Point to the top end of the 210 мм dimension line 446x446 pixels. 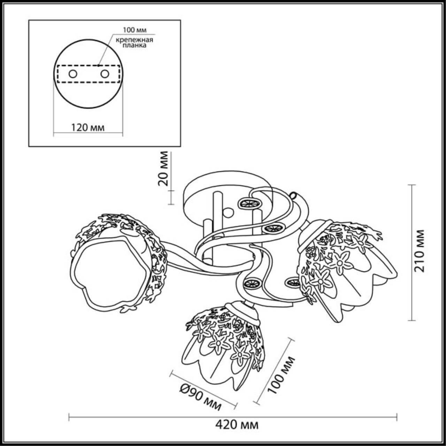(411, 185)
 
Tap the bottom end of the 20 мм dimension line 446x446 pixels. (171, 204)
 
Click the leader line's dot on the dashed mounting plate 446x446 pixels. (98, 66)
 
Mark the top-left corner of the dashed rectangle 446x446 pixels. (57, 66)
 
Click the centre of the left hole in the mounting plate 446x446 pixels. (73, 74)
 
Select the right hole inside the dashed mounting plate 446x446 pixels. (105, 74)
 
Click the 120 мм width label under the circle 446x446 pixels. (87, 128)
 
